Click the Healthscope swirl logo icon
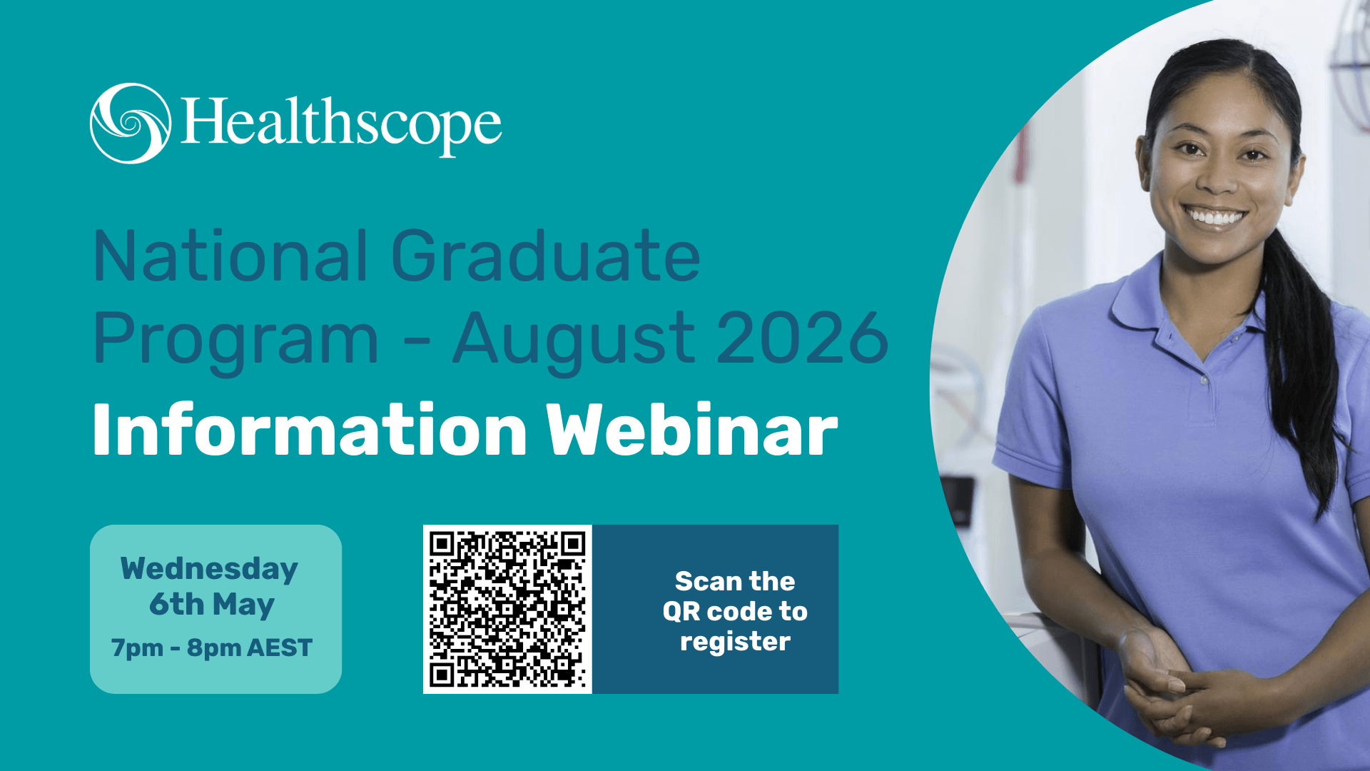click(x=131, y=124)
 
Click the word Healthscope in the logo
click(x=341, y=125)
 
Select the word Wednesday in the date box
click(x=209, y=570)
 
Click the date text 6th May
click(x=212, y=605)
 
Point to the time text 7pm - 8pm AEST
click(x=212, y=647)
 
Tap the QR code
click(x=507, y=609)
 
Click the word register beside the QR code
click(x=735, y=642)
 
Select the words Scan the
click(x=735, y=581)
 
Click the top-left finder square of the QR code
click(x=442, y=545)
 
